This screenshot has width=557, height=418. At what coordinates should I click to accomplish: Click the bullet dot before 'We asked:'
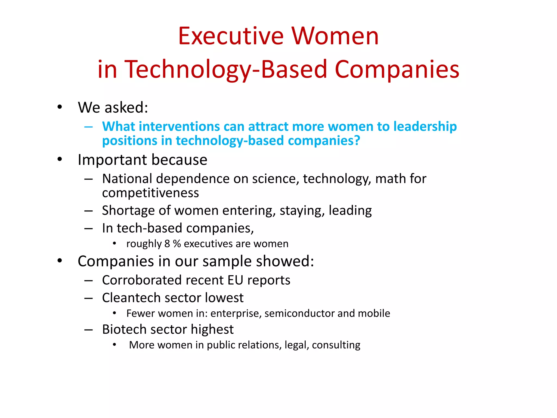[x=60, y=107]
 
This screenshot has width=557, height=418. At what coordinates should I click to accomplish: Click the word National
[x=127, y=179]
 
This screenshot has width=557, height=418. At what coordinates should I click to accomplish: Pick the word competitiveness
[x=150, y=193]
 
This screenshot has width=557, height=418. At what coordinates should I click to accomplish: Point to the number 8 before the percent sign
[x=167, y=244]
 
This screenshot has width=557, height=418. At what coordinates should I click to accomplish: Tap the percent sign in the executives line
[x=177, y=244]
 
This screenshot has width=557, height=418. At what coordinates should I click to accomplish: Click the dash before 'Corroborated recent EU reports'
[x=89, y=281]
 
